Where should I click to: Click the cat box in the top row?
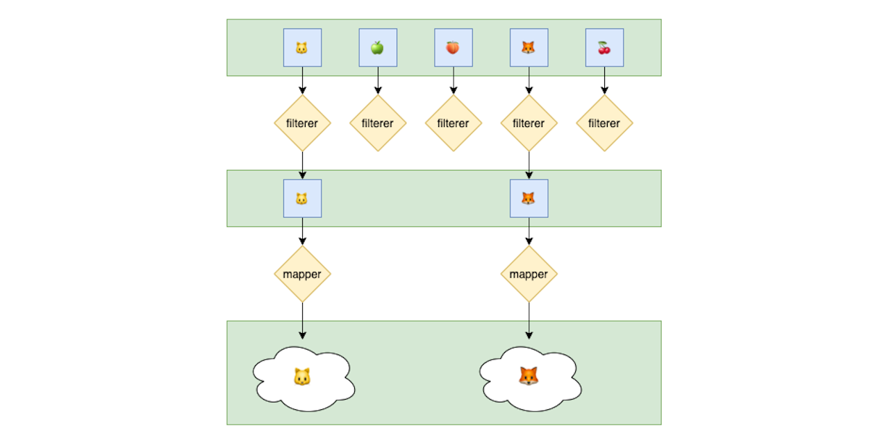coord(302,48)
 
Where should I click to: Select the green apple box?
coord(378,48)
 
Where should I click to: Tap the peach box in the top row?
coord(453,48)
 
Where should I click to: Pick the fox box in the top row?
coord(529,48)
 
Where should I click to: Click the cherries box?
coord(604,48)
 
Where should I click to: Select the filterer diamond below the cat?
coord(302,123)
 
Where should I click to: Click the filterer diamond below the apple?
coord(378,123)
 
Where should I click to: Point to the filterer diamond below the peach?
coord(453,123)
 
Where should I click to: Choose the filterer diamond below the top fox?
coord(529,123)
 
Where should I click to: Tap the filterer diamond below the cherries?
coord(604,123)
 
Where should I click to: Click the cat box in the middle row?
coord(302,198)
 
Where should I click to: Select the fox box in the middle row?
coord(529,198)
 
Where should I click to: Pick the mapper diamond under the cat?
coord(302,274)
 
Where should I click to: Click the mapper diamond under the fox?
coord(529,274)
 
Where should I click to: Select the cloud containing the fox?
coord(530,378)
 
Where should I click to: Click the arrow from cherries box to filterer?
coord(604,80)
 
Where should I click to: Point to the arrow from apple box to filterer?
coord(378,80)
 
